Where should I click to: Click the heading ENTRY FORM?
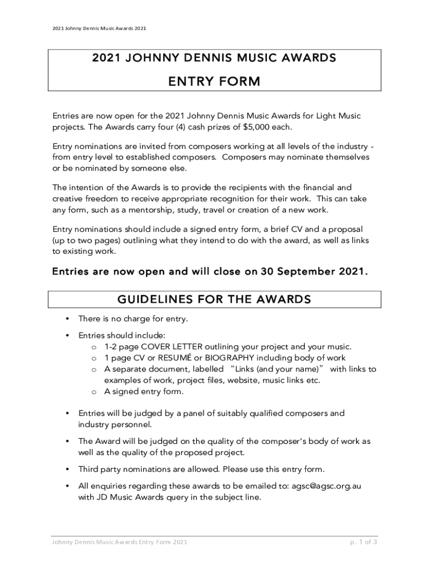tap(214, 82)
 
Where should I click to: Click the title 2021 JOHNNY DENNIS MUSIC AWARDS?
tap(214, 58)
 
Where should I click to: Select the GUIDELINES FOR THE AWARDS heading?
tap(214, 300)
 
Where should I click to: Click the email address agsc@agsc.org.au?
tap(326, 486)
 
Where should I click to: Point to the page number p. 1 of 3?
tap(364, 542)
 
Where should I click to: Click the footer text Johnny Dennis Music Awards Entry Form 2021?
tap(120, 542)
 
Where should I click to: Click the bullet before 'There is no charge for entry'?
tap(67, 319)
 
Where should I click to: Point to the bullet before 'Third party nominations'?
tap(67, 469)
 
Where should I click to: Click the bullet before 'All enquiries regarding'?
tap(67, 486)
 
